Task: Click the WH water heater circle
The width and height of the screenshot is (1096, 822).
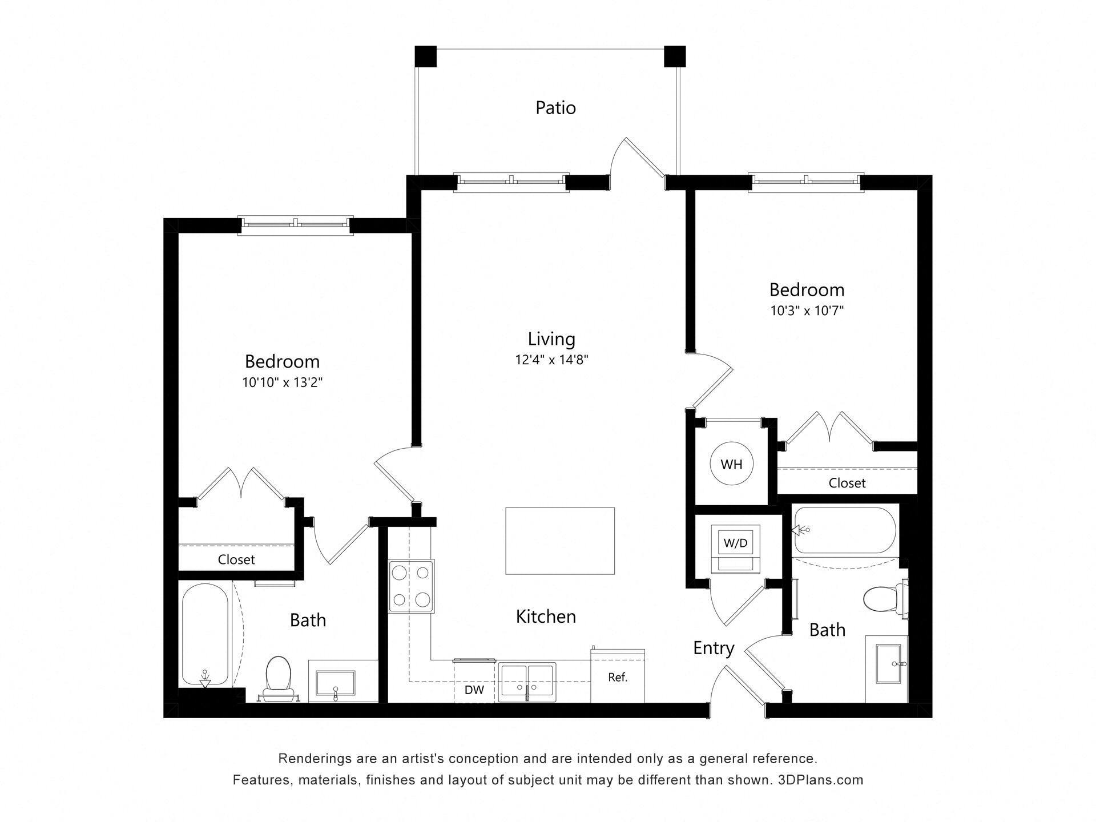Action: coord(731,464)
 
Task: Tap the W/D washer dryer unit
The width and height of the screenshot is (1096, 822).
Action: coord(735,543)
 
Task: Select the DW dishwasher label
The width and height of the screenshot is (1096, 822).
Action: coord(474,690)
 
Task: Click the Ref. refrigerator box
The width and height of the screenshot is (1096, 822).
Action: coord(618,678)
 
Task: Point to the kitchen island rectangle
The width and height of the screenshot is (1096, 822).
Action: coord(560,541)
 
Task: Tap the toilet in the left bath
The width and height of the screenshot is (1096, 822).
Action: coord(279,674)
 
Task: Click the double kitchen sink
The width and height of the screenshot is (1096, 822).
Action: coord(526,682)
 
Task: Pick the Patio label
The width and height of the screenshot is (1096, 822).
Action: coord(555,108)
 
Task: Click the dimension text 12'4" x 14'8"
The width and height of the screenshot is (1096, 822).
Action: coord(551,360)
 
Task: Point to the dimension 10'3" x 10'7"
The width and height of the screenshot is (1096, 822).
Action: coord(807,311)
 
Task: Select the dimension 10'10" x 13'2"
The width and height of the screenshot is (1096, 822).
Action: coord(283,382)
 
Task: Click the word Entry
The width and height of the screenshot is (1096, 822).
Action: coord(714,648)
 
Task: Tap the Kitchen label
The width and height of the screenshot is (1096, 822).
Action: coord(546,616)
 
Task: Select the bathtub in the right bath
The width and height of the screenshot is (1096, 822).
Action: coord(844,530)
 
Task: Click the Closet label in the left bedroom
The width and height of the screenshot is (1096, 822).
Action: coord(236,559)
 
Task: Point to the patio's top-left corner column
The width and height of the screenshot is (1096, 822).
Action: coord(425,57)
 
